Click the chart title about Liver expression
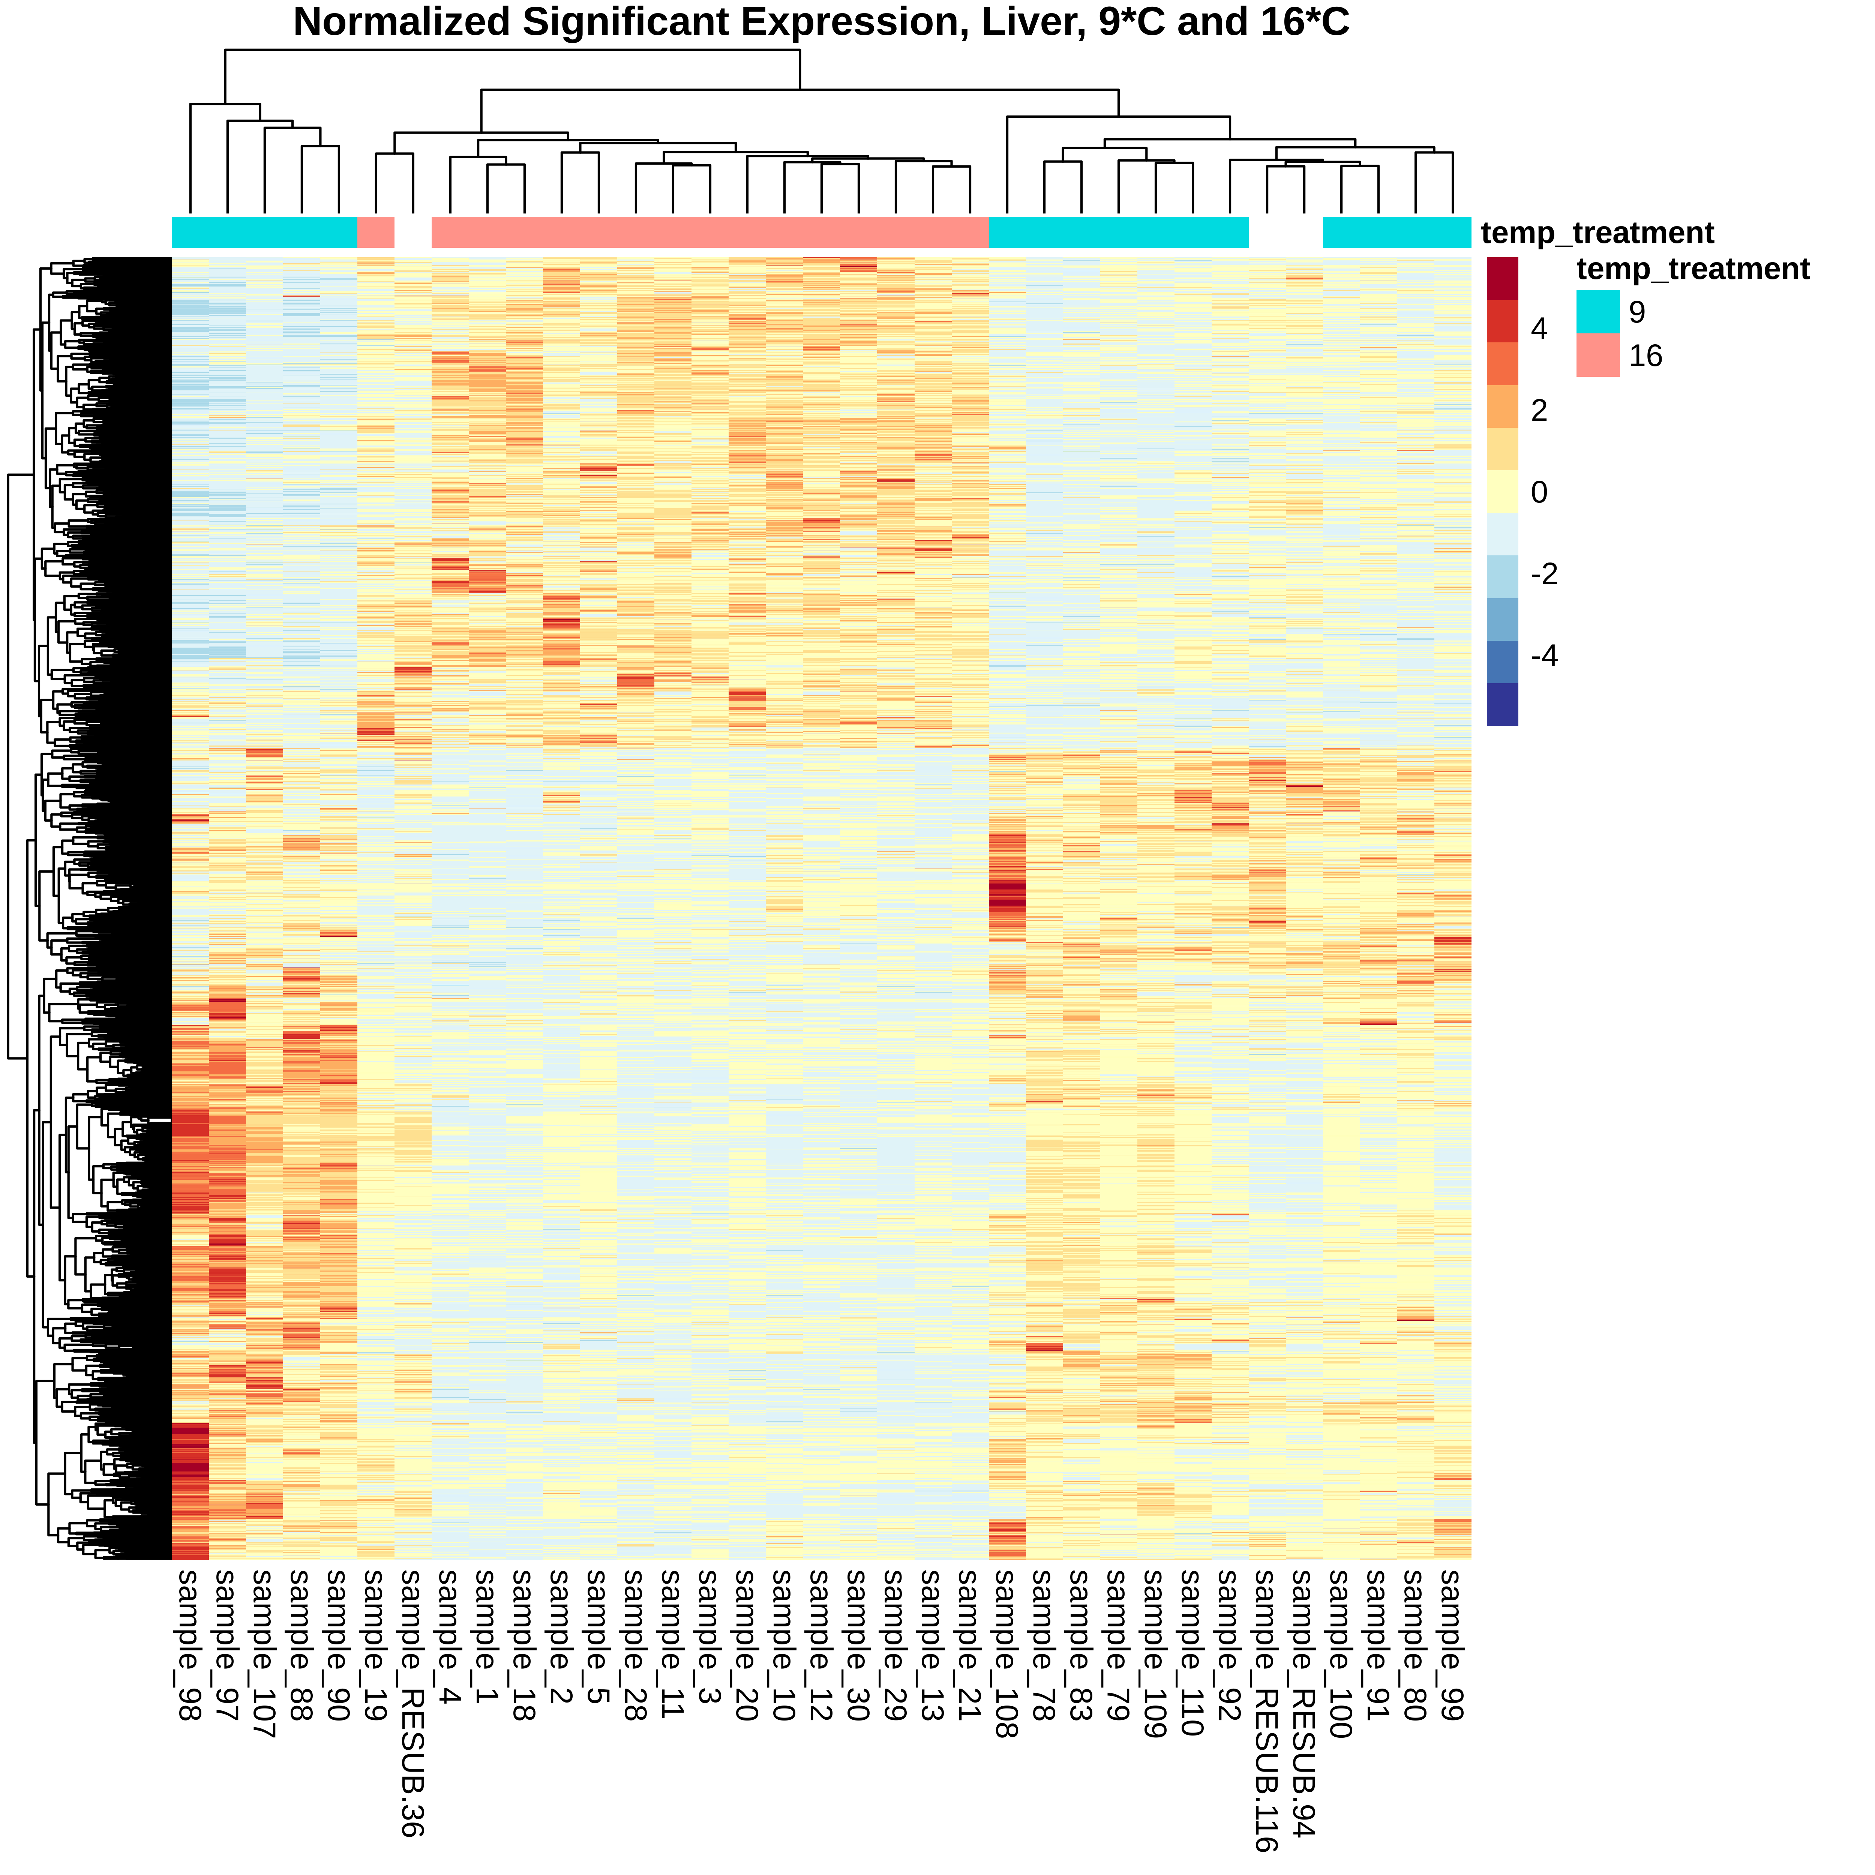tap(821, 22)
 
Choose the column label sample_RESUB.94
tap(1303, 1703)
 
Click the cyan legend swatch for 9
tap(1597, 312)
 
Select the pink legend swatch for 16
tap(1597, 355)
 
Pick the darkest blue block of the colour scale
tap(1502, 703)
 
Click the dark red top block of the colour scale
tap(1502, 279)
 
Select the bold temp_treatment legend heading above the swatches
tap(1692, 269)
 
